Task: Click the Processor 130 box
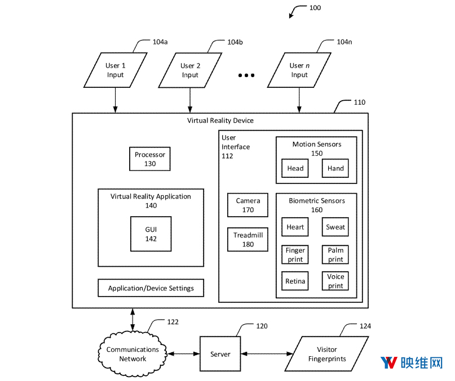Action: (149, 159)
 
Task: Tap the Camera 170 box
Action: (248, 205)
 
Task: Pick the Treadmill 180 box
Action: (248, 239)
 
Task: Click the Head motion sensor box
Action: (295, 168)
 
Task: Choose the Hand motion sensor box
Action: (335, 168)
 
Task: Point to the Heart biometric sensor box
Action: (295, 227)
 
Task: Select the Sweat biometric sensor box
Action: (335, 227)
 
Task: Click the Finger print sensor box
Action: (295, 254)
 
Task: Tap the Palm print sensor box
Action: (335, 254)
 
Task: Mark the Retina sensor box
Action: (295, 281)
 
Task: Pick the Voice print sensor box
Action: (335, 281)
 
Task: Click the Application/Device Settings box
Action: (151, 288)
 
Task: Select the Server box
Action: (220, 354)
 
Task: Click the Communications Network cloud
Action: (132, 354)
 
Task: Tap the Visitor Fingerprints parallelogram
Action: (327, 354)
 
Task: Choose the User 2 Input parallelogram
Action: (190, 70)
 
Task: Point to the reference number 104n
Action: (344, 42)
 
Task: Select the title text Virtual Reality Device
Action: (220, 120)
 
